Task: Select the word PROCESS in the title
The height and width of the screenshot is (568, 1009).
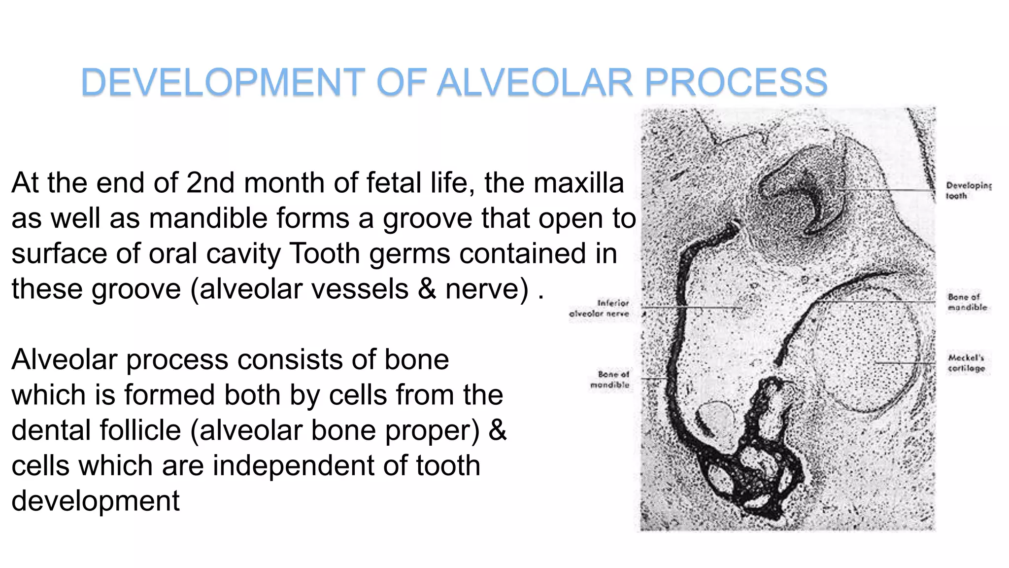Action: (x=736, y=82)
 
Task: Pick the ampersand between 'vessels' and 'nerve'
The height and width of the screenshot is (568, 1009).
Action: (x=427, y=289)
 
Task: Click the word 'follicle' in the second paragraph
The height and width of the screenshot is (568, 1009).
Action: (x=132, y=430)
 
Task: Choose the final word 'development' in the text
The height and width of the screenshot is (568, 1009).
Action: (x=96, y=501)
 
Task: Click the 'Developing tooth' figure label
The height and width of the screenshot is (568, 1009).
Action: (x=968, y=191)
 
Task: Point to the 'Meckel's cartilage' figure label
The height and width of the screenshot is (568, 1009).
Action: (x=966, y=363)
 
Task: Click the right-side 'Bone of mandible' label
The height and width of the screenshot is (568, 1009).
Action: (x=967, y=302)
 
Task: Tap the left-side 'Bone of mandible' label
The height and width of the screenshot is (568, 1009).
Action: (x=610, y=379)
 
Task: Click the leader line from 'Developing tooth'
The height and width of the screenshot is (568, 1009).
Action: (x=887, y=189)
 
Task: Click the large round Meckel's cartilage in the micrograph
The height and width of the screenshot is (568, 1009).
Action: (x=867, y=355)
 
